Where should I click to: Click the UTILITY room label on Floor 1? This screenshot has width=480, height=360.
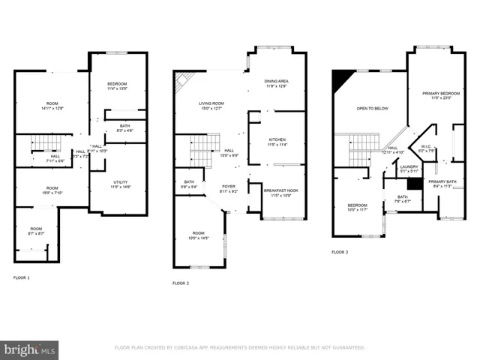[101, 183]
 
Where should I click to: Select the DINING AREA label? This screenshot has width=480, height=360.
[277, 83]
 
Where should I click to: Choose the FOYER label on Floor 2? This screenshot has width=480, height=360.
[229, 187]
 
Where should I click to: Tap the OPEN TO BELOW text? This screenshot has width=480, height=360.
[373, 108]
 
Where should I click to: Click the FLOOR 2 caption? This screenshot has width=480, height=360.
[181, 283]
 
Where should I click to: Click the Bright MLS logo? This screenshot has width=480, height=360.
[30, 349]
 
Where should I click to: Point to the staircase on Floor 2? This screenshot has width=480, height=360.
[200, 148]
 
